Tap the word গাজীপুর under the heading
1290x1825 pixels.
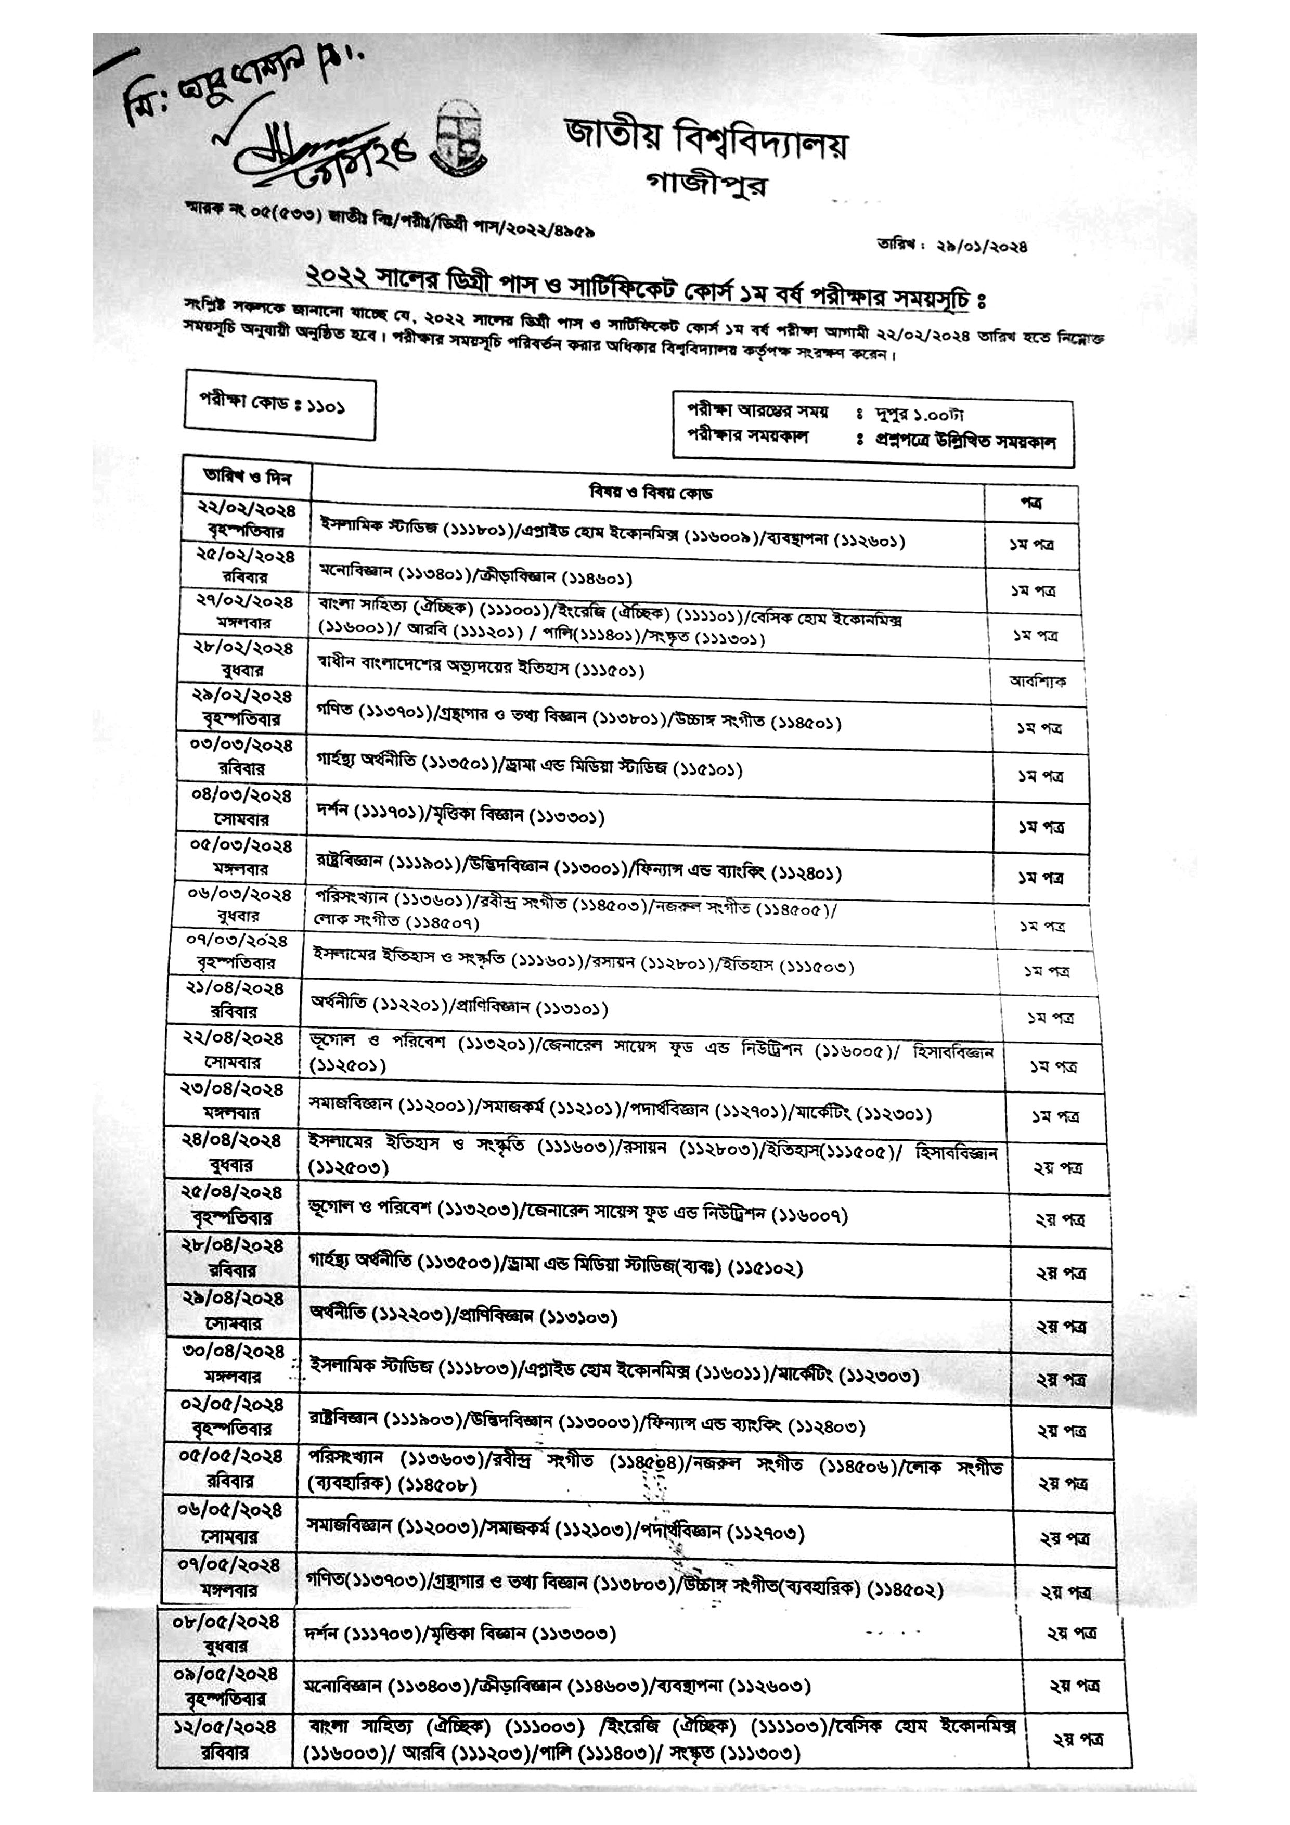(707, 184)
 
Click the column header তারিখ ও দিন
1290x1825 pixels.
(247, 478)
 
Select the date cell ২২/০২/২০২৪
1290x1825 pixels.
(247, 509)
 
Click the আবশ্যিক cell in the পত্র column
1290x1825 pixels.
(1037, 681)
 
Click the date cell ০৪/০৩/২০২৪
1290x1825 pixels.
(242, 795)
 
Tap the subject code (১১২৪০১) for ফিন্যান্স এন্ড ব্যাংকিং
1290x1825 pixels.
(805, 873)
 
